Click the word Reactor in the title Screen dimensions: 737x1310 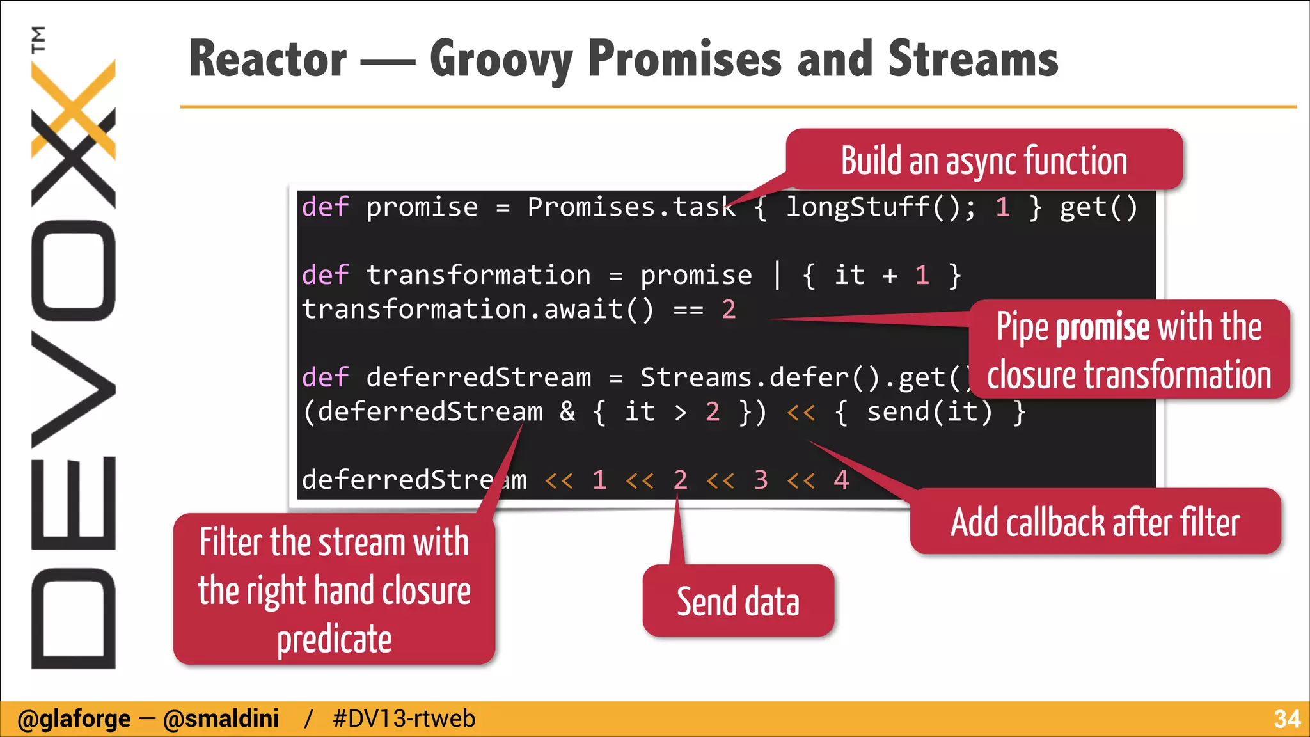[x=268, y=59]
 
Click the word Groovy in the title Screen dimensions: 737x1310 [x=501, y=59]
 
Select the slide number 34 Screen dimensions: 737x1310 [x=1287, y=719]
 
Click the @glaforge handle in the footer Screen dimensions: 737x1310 [x=74, y=719]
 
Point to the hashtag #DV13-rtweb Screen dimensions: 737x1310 [x=404, y=719]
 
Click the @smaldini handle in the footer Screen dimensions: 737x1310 [x=221, y=719]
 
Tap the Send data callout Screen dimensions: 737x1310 [x=738, y=601]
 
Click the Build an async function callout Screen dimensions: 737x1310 [x=984, y=160]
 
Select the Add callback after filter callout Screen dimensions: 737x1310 [x=1095, y=522]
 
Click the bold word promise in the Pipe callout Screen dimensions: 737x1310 [x=1103, y=328]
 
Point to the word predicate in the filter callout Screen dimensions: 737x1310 [x=334, y=638]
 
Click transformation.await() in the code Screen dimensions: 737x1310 [x=477, y=310]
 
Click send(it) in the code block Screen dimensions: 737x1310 [x=929, y=411]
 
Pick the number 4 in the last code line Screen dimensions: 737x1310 [x=841, y=480]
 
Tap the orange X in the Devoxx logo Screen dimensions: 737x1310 [x=74, y=109]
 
